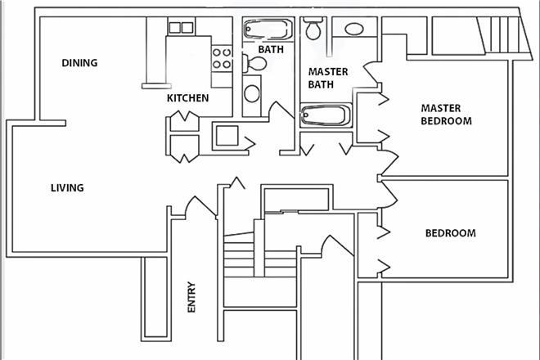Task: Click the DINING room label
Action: [x=79, y=63]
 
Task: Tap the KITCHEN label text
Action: [x=187, y=98]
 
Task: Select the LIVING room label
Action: [x=67, y=188]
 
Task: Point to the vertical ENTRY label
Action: [x=191, y=298]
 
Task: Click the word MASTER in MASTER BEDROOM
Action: [x=441, y=108]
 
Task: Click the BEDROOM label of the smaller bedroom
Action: [x=450, y=233]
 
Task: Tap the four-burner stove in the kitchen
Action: [x=221, y=58]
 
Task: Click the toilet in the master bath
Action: [x=312, y=30]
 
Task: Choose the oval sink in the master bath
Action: [x=354, y=29]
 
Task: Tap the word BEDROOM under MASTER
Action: [x=446, y=121]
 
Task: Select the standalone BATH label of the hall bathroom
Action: [x=270, y=49]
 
